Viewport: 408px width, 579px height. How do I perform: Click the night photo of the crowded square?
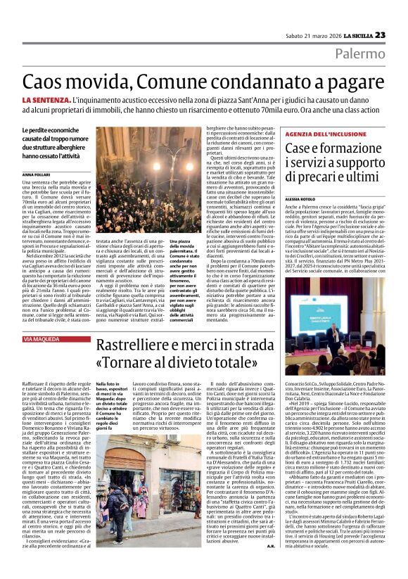click(x=125, y=181)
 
